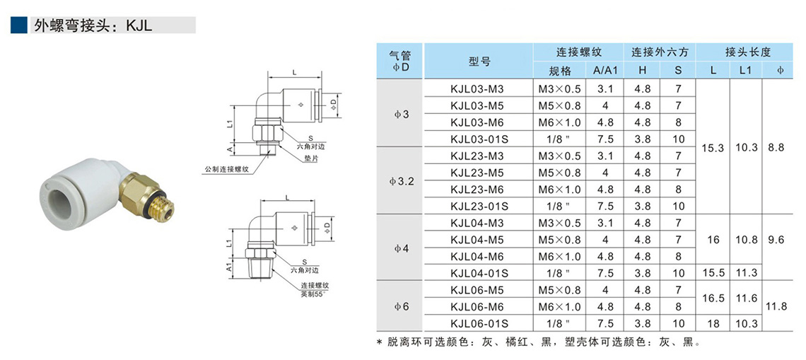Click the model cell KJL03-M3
pyautogui.click(x=477, y=89)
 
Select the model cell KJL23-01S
pyautogui.click(x=479, y=207)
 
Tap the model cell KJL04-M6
pyautogui.click(x=477, y=257)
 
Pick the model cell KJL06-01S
pyautogui.click(x=479, y=323)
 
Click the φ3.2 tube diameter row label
pyautogui.click(x=400, y=181)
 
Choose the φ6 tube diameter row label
pyautogui.click(x=400, y=307)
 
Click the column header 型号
pyautogui.click(x=479, y=62)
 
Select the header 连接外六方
pyautogui.click(x=660, y=52)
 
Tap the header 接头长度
pyautogui.click(x=747, y=52)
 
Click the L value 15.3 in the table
pyautogui.click(x=713, y=148)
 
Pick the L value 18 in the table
pyautogui.click(x=713, y=323)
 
